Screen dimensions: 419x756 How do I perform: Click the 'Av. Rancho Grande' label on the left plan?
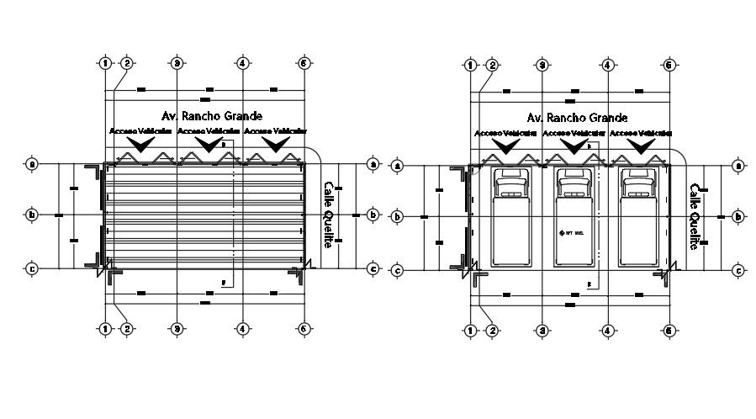coord(210,116)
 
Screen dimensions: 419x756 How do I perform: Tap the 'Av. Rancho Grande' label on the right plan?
coord(576,119)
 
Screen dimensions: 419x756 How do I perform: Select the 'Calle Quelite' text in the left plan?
coord(330,215)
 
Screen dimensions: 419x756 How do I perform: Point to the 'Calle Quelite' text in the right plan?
coord(695,217)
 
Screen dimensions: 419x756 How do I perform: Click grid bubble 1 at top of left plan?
coord(105,63)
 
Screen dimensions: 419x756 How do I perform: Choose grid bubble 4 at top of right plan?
coord(606,65)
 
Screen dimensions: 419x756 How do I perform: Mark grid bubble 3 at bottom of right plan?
coord(542,331)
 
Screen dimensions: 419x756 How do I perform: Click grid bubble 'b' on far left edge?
coord(32,215)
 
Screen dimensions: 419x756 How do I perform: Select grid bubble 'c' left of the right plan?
coord(398,271)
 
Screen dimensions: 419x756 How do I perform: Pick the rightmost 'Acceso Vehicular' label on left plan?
coord(275,132)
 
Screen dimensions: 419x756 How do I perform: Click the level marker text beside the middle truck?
coord(574,232)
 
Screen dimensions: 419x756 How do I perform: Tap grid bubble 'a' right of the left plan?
coord(373,164)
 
